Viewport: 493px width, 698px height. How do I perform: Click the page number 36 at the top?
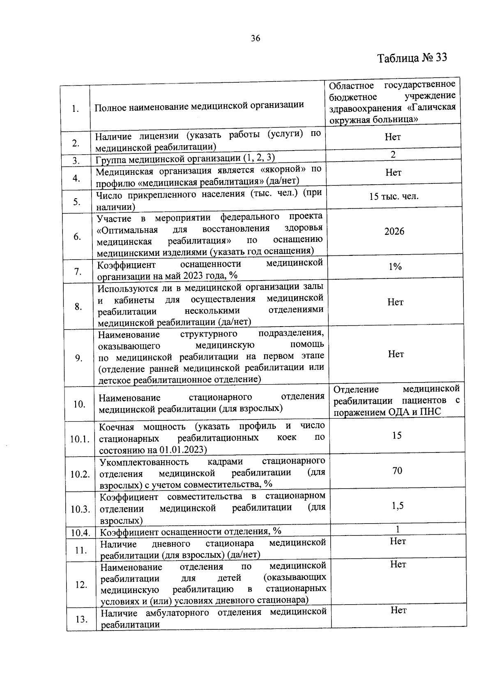click(255, 39)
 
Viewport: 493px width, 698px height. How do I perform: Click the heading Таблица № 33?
click(412, 58)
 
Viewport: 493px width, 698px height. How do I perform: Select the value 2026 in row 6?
click(394, 232)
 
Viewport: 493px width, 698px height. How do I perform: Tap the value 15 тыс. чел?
click(394, 196)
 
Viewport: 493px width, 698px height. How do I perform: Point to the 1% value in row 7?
click(395, 267)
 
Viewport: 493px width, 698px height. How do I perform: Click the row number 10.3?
click(80, 509)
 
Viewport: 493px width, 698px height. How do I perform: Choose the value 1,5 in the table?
click(397, 506)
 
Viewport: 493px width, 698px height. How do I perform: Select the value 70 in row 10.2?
click(397, 471)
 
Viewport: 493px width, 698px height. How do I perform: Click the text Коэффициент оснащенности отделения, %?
click(191, 531)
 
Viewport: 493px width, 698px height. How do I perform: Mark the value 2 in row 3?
click(393, 155)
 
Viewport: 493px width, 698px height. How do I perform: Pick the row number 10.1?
click(80, 439)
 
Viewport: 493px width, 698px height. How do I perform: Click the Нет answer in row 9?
click(396, 354)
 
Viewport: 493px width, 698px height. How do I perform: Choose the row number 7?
click(78, 271)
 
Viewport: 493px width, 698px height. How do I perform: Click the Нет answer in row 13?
click(399, 610)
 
